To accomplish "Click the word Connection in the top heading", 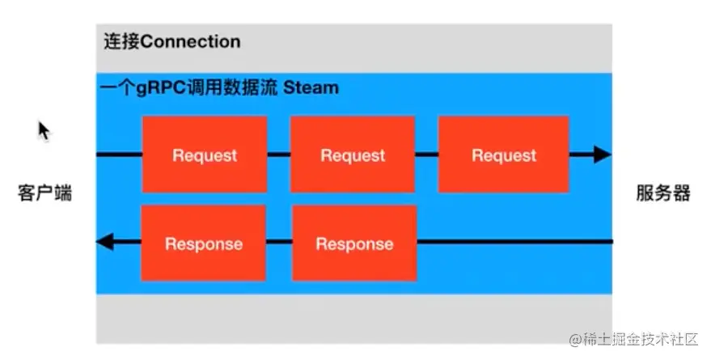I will coord(190,41).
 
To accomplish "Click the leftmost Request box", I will coord(205,155).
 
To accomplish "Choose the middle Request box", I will coord(353,155).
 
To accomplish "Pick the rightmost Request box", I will coord(503,155).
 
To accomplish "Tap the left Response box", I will coord(204,244).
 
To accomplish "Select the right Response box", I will coord(354,244).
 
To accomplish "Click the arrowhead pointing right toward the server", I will coord(601,155).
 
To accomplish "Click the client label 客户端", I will coord(44,193).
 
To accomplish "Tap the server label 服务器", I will coord(662,193).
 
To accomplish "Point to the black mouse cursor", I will coord(44,130).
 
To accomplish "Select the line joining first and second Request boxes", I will coord(278,155).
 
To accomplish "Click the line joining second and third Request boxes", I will coord(427,155).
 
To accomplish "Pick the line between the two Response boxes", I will coord(279,242).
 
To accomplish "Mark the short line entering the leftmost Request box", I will coord(119,155).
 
